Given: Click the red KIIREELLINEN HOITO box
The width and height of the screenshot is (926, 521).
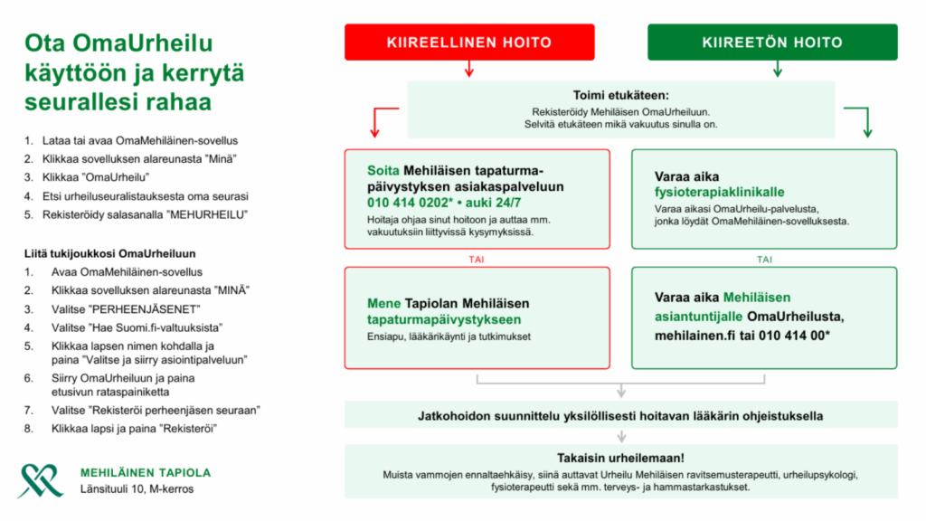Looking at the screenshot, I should (469, 43).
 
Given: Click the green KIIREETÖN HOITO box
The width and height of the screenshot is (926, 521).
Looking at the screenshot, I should (772, 43).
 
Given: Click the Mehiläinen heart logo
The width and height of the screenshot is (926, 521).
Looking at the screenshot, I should (40, 480).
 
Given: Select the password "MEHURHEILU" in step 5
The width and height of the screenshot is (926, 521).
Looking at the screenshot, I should (211, 214).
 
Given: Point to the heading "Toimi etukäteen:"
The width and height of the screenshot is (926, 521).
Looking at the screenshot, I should (620, 95).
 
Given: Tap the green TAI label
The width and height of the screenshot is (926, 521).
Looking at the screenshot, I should (764, 259).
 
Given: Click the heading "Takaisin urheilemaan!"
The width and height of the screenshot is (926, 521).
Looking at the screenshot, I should (620, 458).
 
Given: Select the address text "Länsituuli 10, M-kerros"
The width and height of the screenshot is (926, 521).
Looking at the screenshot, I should (137, 489).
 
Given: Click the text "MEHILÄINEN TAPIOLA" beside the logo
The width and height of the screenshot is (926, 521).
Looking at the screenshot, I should (146, 472).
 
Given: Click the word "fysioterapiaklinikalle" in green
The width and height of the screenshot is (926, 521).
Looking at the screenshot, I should (719, 193).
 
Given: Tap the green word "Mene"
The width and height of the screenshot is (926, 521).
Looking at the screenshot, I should (383, 303).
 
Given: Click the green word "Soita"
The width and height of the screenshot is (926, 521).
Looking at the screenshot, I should (383, 170).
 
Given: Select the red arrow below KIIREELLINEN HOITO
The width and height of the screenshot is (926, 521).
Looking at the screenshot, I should (468, 70).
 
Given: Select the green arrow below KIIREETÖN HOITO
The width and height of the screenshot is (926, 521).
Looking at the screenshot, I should (777, 70).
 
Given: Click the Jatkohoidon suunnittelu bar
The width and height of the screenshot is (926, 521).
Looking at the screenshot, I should (620, 417).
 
